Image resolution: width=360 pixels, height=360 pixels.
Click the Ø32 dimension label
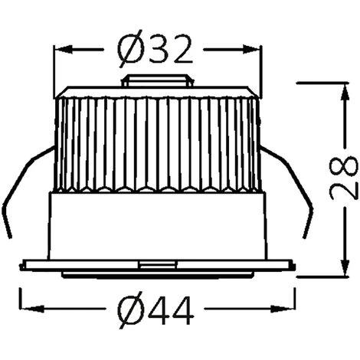click(155, 49)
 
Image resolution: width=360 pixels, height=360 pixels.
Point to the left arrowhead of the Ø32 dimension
click(63, 49)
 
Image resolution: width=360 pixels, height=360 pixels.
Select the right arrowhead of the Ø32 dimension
click(252, 49)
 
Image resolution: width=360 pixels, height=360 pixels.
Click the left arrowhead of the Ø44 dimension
click(32, 309)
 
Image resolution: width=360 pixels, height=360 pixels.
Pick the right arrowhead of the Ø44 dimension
click(282, 309)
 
